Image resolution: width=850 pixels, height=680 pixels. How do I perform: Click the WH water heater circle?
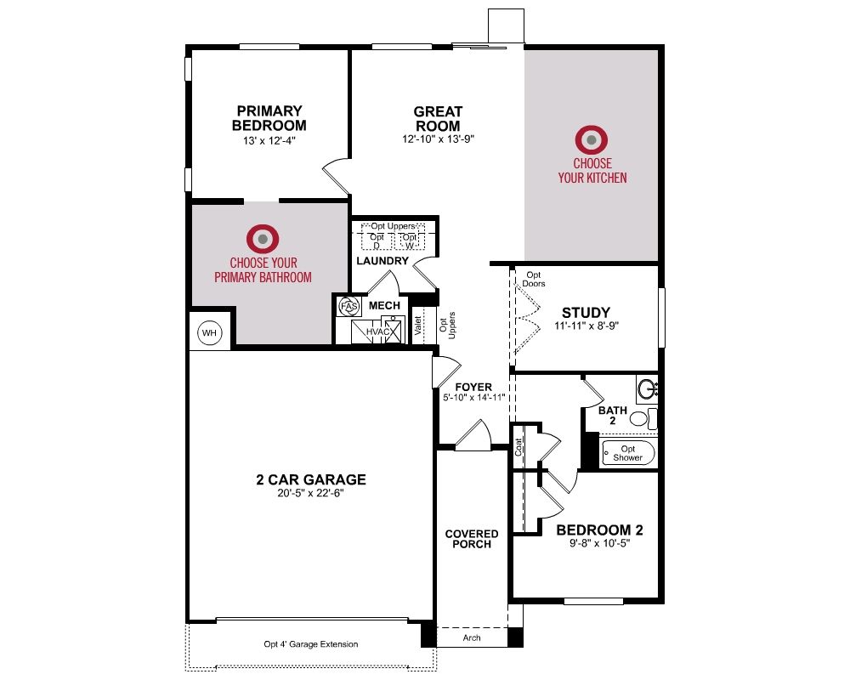click(x=209, y=332)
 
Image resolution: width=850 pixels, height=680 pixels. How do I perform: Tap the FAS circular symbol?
click(x=349, y=306)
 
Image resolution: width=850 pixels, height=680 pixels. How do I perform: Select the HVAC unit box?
click(x=377, y=331)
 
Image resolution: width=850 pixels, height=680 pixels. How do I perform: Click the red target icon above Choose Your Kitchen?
click(x=592, y=140)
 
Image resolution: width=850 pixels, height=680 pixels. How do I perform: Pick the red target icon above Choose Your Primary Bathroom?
click(x=263, y=239)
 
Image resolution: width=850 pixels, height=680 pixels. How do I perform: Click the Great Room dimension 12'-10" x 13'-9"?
click(x=438, y=139)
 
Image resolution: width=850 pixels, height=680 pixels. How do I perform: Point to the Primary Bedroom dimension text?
click(x=269, y=141)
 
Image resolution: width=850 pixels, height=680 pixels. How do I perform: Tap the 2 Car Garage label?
click(x=311, y=479)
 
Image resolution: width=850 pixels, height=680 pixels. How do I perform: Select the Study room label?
click(x=586, y=313)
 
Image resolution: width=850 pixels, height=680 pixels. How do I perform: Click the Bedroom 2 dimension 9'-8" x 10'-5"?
click(x=599, y=543)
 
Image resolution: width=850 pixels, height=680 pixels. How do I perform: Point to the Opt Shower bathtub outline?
click(x=628, y=452)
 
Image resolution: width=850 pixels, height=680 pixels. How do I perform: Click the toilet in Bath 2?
click(x=643, y=419)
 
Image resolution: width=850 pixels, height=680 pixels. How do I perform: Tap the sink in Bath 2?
click(x=648, y=388)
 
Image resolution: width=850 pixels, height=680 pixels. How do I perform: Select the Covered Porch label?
click(x=472, y=539)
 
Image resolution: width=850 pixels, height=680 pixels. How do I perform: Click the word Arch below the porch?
click(x=472, y=637)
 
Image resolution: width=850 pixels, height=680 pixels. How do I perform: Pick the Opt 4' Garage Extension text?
click(x=311, y=644)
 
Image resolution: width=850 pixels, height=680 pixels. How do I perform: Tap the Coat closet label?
click(x=518, y=447)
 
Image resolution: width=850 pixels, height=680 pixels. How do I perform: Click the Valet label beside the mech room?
click(x=418, y=326)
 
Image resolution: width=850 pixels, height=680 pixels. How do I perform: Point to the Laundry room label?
click(x=382, y=261)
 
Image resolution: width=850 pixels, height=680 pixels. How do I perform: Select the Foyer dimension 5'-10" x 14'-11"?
click(x=473, y=398)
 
